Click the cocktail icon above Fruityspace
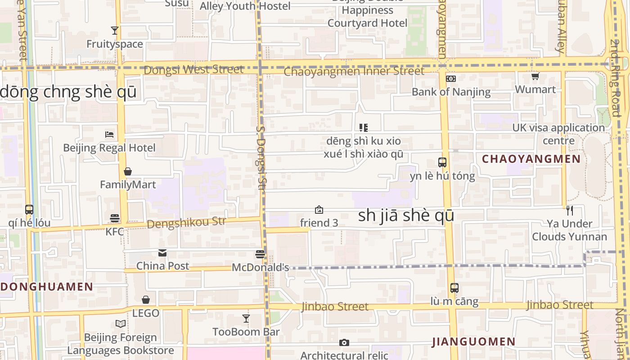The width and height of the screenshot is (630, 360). [115, 31]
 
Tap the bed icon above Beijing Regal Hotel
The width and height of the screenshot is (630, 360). [109, 134]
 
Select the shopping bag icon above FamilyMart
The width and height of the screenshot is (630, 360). [128, 171]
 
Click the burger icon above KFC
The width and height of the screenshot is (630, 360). [115, 218]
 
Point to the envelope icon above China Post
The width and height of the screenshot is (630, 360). [162, 253]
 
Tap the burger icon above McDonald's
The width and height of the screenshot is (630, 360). [260, 254]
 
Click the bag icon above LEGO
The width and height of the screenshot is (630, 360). [146, 300]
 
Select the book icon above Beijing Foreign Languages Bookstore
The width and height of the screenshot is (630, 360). [121, 324]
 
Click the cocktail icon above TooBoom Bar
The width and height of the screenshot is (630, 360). [246, 319]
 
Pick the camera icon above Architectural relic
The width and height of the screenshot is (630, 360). [344, 343]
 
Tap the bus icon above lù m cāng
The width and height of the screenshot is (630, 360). [454, 288]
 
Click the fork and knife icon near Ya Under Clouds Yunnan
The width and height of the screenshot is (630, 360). [569, 210]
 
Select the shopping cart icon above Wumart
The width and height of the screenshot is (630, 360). [535, 76]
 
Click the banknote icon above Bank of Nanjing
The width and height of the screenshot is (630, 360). [451, 79]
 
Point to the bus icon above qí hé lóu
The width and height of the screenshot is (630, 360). [29, 210]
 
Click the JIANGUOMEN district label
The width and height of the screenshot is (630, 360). [474, 342]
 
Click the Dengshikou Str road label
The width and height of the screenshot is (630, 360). [186, 222]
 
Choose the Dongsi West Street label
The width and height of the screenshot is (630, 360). [194, 70]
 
